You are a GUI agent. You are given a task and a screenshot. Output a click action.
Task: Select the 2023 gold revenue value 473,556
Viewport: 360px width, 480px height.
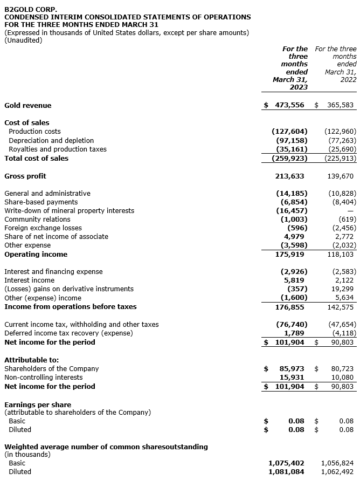[290, 105]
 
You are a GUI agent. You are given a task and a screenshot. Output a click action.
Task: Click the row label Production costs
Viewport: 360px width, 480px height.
[34, 132]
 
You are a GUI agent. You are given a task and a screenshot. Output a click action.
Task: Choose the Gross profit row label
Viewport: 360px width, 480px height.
[25, 176]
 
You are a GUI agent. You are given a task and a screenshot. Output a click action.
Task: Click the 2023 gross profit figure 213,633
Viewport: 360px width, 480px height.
[289, 176]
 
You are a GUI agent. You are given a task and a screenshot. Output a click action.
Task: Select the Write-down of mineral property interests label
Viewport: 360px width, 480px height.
[70, 211]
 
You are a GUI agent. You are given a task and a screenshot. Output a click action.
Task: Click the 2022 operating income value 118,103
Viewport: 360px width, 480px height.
[342, 254]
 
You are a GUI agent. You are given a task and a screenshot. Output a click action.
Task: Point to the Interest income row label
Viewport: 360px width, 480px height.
[30, 280]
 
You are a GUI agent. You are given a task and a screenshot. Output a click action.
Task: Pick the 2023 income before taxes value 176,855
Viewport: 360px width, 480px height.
[289, 307]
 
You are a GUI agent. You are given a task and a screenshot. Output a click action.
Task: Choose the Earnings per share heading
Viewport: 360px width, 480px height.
[38, 404]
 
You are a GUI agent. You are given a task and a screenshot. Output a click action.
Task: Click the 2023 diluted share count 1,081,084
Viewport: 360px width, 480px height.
[286, 472]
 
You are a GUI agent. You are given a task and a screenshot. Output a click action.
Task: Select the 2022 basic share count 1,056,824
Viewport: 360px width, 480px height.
[338, 463]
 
